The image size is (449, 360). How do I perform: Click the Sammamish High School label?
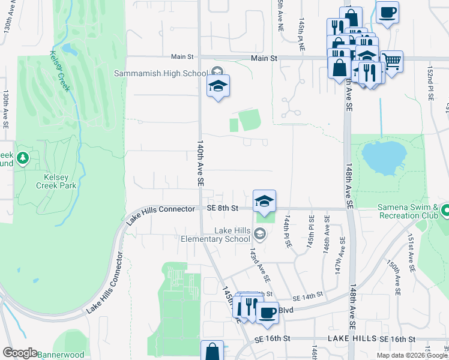coord(161,73)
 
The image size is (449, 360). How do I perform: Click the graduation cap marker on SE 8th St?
coord(264,201)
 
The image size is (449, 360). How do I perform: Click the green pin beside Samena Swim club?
coord(445,211)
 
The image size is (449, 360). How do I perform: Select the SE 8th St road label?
coord(223,208)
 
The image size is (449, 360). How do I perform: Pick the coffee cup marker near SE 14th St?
coord(267,312)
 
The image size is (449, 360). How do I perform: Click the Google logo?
coord(20,353)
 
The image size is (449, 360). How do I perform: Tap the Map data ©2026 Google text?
coord(412,355)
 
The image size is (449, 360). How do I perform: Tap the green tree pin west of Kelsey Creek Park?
coord(23,158)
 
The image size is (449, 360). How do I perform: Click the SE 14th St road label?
coord(308,298)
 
